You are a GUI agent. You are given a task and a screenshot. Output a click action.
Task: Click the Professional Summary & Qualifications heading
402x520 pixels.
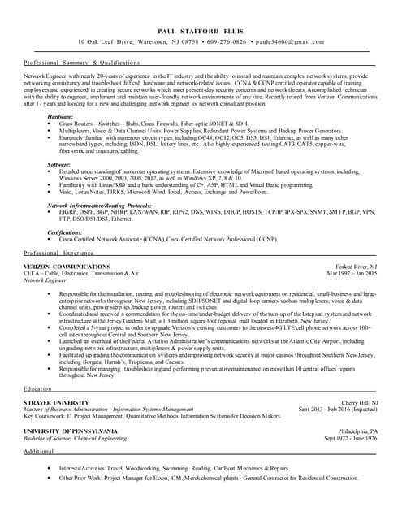(x=76, y=62)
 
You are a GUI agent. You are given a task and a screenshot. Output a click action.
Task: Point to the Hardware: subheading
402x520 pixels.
(x=59, y=117)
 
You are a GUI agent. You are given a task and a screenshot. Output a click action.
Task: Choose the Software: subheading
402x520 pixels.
(x=58, y=165)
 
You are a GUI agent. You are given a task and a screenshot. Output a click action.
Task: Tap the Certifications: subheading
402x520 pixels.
(x=64, y=232)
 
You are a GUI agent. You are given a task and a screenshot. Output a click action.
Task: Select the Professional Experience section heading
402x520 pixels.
(x=64, y=253)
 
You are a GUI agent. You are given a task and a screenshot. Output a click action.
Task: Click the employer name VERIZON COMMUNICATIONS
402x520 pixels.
(x=67, y=266)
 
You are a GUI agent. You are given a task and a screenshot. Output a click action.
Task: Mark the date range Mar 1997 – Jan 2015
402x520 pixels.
(x=351, y=274)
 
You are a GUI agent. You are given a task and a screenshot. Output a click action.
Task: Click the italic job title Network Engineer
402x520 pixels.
(x=46, y=280)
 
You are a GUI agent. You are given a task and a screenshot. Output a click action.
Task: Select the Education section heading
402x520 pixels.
(x=38, y=389)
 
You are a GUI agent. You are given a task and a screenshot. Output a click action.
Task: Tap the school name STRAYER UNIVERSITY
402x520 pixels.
(x=56, y=403)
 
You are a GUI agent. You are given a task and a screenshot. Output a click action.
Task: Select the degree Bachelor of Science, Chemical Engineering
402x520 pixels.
(x=76, y=438)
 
